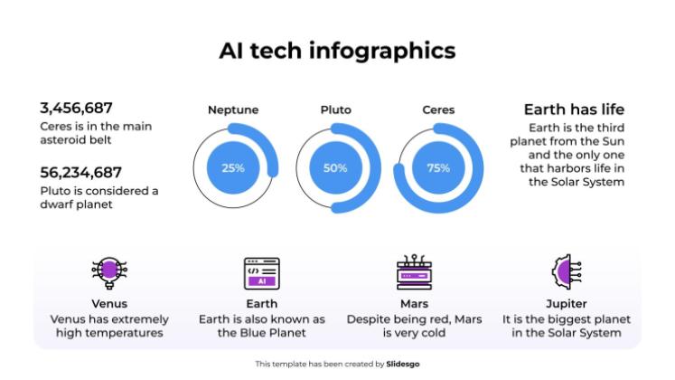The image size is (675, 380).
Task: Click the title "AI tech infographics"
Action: tap(337, 50)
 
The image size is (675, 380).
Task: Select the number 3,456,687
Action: tap(76, 109)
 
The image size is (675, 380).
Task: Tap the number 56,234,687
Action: tap(80, 172)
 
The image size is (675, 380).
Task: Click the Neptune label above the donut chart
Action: tap(233, 110)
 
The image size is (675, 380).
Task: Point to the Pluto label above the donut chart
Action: tap(335, 110)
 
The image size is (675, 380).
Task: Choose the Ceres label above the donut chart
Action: tap(438, 110)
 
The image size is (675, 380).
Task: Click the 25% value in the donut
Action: tap(233, 167)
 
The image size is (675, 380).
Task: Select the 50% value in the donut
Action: tap(335, 167)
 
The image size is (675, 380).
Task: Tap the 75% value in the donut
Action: tap(438, 167)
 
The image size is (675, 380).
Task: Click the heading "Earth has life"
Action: tap(574, 109)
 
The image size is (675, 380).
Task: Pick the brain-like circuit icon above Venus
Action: tap(109, 271)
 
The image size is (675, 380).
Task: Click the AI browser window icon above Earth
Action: tap(261, 272)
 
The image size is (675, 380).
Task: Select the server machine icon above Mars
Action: tap(414, 271)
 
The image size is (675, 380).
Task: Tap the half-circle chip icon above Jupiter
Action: tap(566, 271)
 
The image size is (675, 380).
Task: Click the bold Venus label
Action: tap(109, 304)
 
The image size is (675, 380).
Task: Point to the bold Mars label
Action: tap(414, 304)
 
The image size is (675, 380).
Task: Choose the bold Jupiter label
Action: tap(567, 304)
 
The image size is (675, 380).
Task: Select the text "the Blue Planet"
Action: tap(262, 333)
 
